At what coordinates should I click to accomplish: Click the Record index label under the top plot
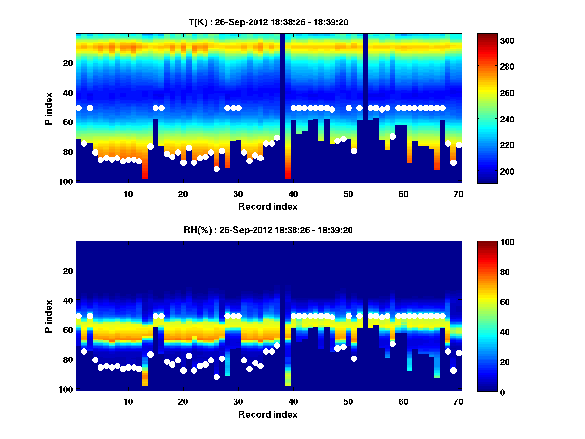tap(268, 206)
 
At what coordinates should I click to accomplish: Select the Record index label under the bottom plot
tap(268, 414)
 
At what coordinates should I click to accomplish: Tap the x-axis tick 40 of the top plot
tap(293, 193)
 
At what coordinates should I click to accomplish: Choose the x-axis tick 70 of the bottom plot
tap(458, 401)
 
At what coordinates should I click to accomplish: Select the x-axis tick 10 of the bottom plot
tap(128, 401)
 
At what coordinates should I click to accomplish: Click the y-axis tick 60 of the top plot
tap(67, 122)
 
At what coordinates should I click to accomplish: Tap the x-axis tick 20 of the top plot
tap(183, 193)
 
